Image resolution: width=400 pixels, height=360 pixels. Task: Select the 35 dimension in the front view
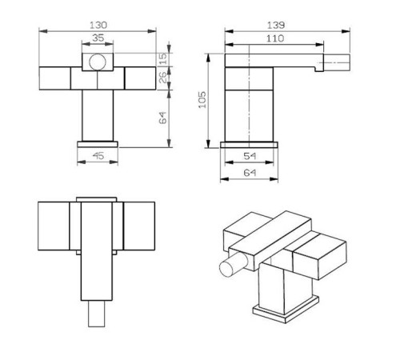(x=98, y=37)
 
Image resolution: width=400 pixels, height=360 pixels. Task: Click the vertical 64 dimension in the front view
(x=162, y=118)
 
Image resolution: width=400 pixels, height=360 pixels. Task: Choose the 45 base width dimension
(x=97, y=156)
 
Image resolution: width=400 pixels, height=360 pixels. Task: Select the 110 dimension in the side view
(x=274, y=37)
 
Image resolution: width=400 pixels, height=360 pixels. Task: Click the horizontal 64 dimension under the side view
(x=250, y=173)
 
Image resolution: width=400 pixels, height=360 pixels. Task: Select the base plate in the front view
(x=98, y=144)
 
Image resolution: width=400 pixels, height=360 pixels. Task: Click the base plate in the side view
(x=250, y=145)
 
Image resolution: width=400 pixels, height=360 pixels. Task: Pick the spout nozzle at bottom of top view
(x=98, y=314)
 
